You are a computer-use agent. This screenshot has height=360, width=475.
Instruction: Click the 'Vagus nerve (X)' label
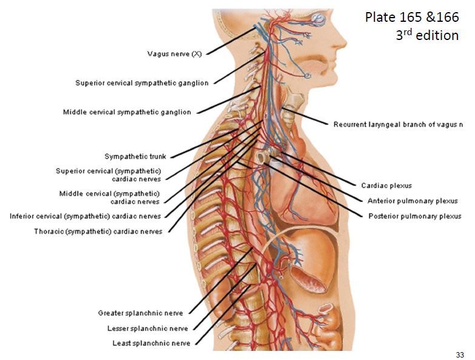pyautogui.click(x=175, y=53)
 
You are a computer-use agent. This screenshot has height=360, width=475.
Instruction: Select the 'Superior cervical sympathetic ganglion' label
pyautogui.click(x=142, y=83)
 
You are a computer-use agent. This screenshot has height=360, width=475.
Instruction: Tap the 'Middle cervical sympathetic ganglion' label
pyautogui.click(x=127, y=112)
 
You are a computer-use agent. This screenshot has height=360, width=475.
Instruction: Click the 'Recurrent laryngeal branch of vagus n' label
pyautogui.click(x=398, y=125)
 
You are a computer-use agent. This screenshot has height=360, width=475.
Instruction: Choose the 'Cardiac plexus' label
pyautogui.click(x=386, y=185)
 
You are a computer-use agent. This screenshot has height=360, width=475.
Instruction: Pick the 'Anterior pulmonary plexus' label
pyautogui.click(x=413, y=201)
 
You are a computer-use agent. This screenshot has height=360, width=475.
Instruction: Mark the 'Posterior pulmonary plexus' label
pyautogui.click(x=414, y=216)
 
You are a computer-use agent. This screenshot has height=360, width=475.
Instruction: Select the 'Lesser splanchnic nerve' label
pyautogui.click(x=143, y=328)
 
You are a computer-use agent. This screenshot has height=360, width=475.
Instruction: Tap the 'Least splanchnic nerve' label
pyautogui.click(x=151, y=343)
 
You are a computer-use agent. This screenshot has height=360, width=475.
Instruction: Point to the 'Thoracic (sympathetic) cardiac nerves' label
pyautogui.click(x=98, y=232)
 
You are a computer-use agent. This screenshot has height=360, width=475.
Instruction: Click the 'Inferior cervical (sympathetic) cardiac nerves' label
pyautogui.click(x=86, y=216)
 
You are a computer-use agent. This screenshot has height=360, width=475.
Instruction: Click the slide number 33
pyautogui.click(x=459, y=353)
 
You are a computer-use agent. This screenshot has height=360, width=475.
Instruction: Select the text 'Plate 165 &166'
pyautogui.click(x=412, y=16)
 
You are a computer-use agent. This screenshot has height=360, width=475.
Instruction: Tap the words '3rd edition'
pyautogui.click(x=427, y=35)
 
